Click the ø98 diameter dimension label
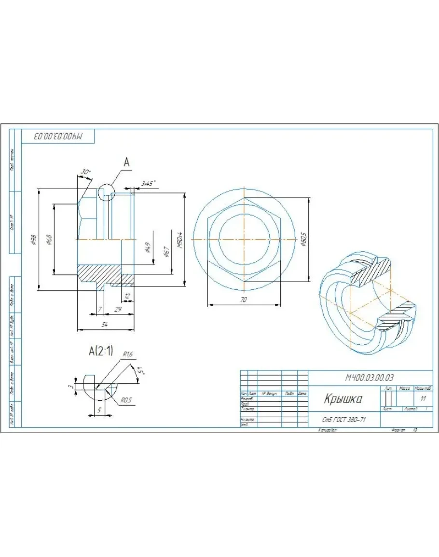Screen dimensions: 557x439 pyautogui.click(x=33, y=240)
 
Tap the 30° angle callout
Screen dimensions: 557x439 pyautogui.click(x=85, y=172)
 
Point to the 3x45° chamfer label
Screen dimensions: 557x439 pyautogui.click(x=147, y=183)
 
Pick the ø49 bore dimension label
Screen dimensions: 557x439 pyautogui.click(x=148, y=248)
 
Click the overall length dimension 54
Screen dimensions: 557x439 pyautogui.click(x=104, y=325)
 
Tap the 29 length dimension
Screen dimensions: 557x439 pyautogui.click(x=117, y=309)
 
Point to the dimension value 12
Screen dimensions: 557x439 pyautogui.click(x=127, y=296)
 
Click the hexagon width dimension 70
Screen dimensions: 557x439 pyautogui.click(x=244, y=300)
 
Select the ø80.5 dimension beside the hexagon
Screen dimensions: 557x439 pyautogui.click(x=303, y=239)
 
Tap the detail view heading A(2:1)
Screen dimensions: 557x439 pyautogui.click(x=101, y=352)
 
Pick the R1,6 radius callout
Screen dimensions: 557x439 pyautogui.click(x=127, y=354)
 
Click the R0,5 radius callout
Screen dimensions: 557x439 pyautogui.click(x=126, y=400)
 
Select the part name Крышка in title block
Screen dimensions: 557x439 pyautogui.click(x=343, y=399)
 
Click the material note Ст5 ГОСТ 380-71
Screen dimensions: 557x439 pyautogui.click(x=343, y=420)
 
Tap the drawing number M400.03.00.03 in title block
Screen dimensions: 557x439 pyautogui.click(x=370, y=378)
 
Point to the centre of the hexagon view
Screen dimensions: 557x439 pyautogui.click(x=245, y=239)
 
